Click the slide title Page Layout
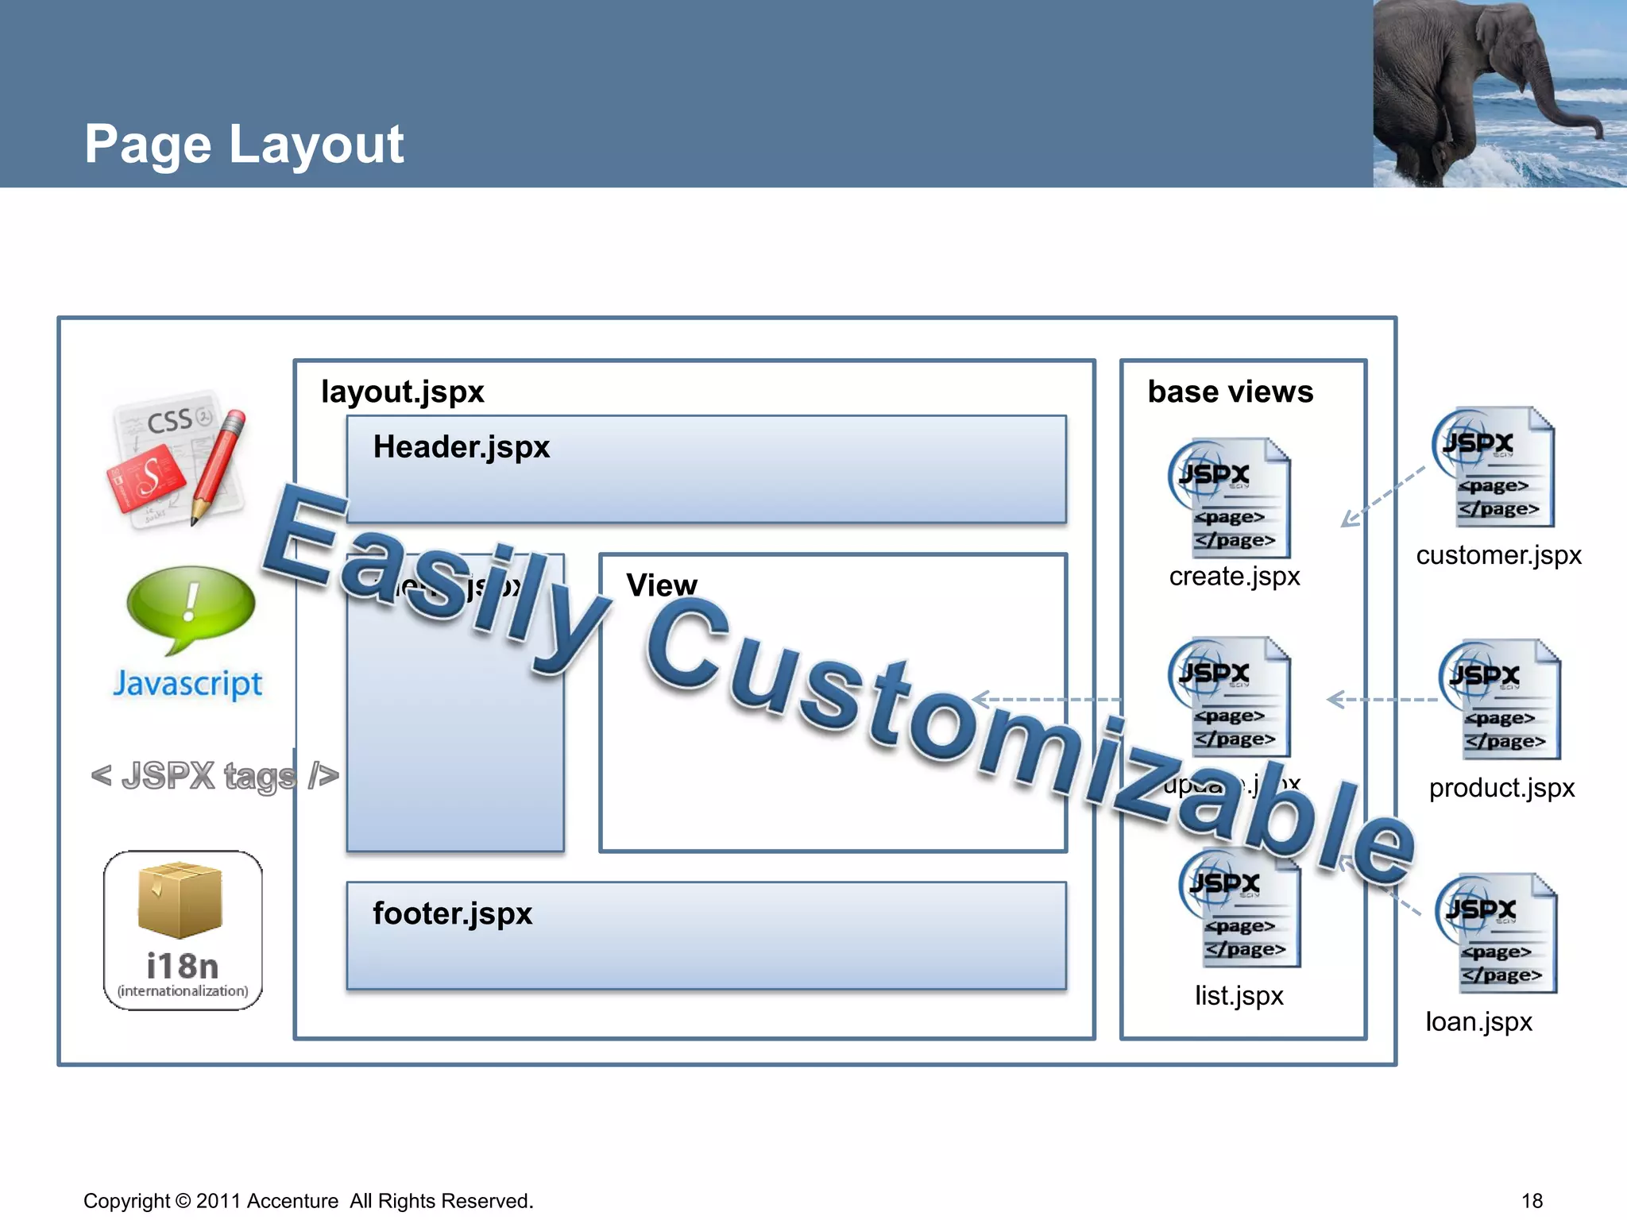click(244, 145)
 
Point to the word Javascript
click(187, 684)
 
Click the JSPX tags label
click(214, 776)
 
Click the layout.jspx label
click(402, 392)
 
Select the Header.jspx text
click(462, 447)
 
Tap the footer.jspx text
click(452, 913)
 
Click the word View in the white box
click(661, 585)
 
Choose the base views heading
click(1231, 392)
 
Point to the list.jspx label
click(1239, 995)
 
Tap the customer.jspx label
click(1498, 554)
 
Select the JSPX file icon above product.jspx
click(1499, 699)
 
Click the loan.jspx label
click(1478, 1021)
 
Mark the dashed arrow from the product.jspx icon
click(1382, 700)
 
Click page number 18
click(1532, 1201)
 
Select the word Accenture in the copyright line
click(292, 1201)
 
